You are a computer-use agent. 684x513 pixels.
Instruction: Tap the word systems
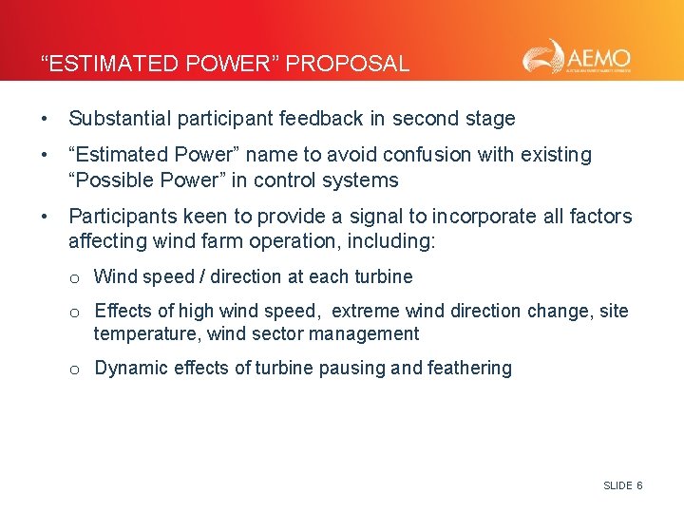[x=363, y=180]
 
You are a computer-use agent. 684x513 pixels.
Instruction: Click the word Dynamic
[x=128, y=369]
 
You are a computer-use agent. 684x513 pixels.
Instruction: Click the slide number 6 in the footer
[x=639, y=485]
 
